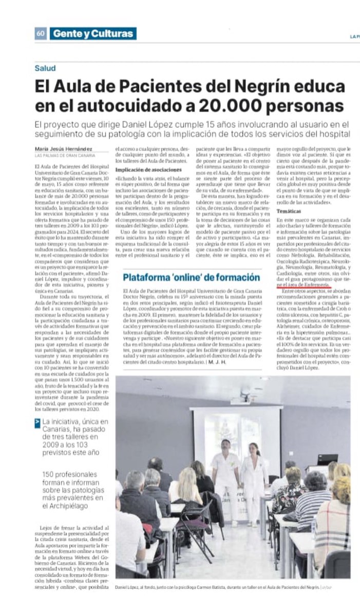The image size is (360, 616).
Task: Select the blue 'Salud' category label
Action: (45, 68)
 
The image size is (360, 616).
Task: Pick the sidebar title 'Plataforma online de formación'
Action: (191, 278)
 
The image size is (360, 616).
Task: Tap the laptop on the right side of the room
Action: (327, 458)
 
